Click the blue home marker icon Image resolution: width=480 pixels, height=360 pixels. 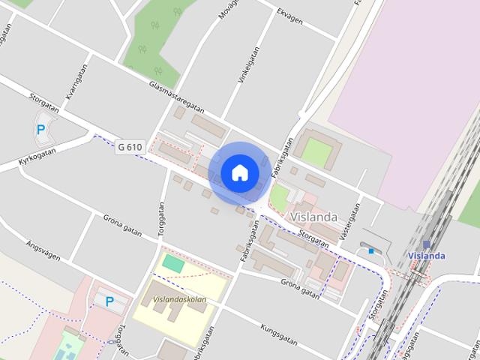coord(239,172)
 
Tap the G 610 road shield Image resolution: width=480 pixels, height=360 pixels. coord(130,148)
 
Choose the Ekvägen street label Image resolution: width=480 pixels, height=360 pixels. coord(289,16)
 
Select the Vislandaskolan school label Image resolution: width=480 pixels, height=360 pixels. coord(178,299)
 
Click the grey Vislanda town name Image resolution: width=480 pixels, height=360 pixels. coord(313,217)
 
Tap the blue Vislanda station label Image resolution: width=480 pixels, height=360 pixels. coord(427,256)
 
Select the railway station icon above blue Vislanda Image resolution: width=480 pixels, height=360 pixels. coord(427,244)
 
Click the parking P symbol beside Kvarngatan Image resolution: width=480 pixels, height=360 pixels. coord(40,129)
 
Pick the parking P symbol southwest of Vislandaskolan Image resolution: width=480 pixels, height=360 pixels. coord(109,301)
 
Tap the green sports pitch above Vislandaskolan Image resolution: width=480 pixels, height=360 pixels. coord(174,264)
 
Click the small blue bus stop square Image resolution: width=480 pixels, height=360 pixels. coord(370,251)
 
